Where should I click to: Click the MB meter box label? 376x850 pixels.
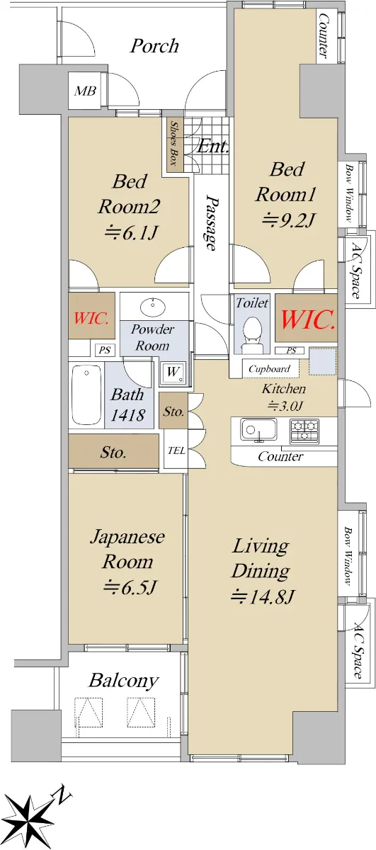coord(85,91)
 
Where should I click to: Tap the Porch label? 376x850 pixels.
coord(154,46)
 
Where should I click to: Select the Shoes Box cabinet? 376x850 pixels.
coord(174,143)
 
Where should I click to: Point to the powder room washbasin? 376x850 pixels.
coord(153,305)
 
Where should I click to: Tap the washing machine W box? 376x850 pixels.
coord(173,373)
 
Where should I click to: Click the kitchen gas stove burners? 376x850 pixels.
coord(304,431)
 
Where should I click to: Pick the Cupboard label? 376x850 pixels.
coord(269,368)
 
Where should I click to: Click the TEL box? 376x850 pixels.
coord(176,450)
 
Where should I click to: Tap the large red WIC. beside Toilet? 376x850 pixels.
coord(308,319)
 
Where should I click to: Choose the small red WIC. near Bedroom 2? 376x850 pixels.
coord(91,317)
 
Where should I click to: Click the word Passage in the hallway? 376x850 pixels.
coord(210,222)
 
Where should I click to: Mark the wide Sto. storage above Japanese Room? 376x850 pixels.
coord(114,451)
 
